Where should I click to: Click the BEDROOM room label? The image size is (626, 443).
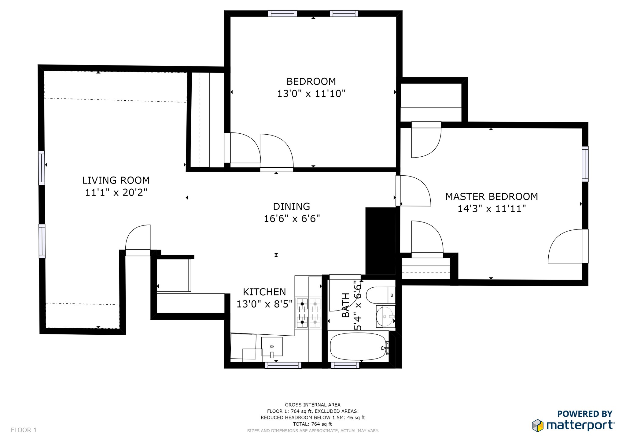click(x=311, y=81)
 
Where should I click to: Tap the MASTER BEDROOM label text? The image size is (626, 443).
click(x=492, y=196)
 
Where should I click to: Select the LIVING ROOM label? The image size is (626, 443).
click(x=116, y=180)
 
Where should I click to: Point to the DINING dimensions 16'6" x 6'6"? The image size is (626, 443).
click(x=292, y=219)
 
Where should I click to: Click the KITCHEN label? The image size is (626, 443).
click(x=264, y=292)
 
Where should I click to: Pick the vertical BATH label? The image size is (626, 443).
click(x=346, y=305)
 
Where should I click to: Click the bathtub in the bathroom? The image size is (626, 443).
click(x=358, y=346)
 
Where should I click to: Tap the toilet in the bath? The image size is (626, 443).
click(x=381, y=295)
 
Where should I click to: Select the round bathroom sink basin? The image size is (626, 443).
click(x=385, y=316)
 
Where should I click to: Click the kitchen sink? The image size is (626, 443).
click(x=272, y=347)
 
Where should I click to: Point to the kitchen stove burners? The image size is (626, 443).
click(x=308, y=313)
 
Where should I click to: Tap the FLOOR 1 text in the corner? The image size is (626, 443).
click(x=24, y=430)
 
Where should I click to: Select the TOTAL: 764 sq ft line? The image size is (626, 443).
click(x=312, y=424)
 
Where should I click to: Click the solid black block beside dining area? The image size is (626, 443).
click(x=381, y=241)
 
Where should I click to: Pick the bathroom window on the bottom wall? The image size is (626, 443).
click(x=345, y=365)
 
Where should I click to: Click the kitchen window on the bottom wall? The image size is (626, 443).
click(x=283, y=365)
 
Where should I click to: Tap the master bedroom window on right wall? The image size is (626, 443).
click(x=585, y=164)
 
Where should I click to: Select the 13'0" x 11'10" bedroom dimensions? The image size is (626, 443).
click(x=311, y=93)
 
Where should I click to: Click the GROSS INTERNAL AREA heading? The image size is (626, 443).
click(x=313, y=405)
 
